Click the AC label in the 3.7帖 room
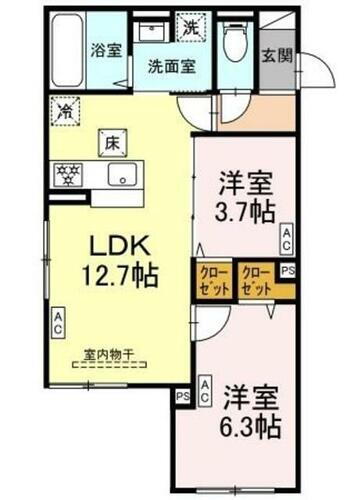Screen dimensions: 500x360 [285, 237]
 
